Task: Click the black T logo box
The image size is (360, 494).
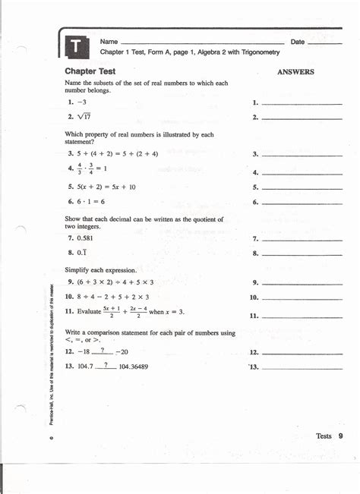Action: pos(77,47)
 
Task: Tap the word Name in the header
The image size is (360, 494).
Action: pos(109,41)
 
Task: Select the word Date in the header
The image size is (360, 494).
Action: pos(298,41)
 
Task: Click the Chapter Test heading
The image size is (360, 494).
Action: pos(90,71)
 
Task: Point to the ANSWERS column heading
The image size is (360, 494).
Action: pos(295,72)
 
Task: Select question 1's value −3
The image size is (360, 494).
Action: pos(81,102)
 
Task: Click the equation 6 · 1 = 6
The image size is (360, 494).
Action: pos(91,202)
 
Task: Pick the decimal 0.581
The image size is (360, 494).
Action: pos(87,238)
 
